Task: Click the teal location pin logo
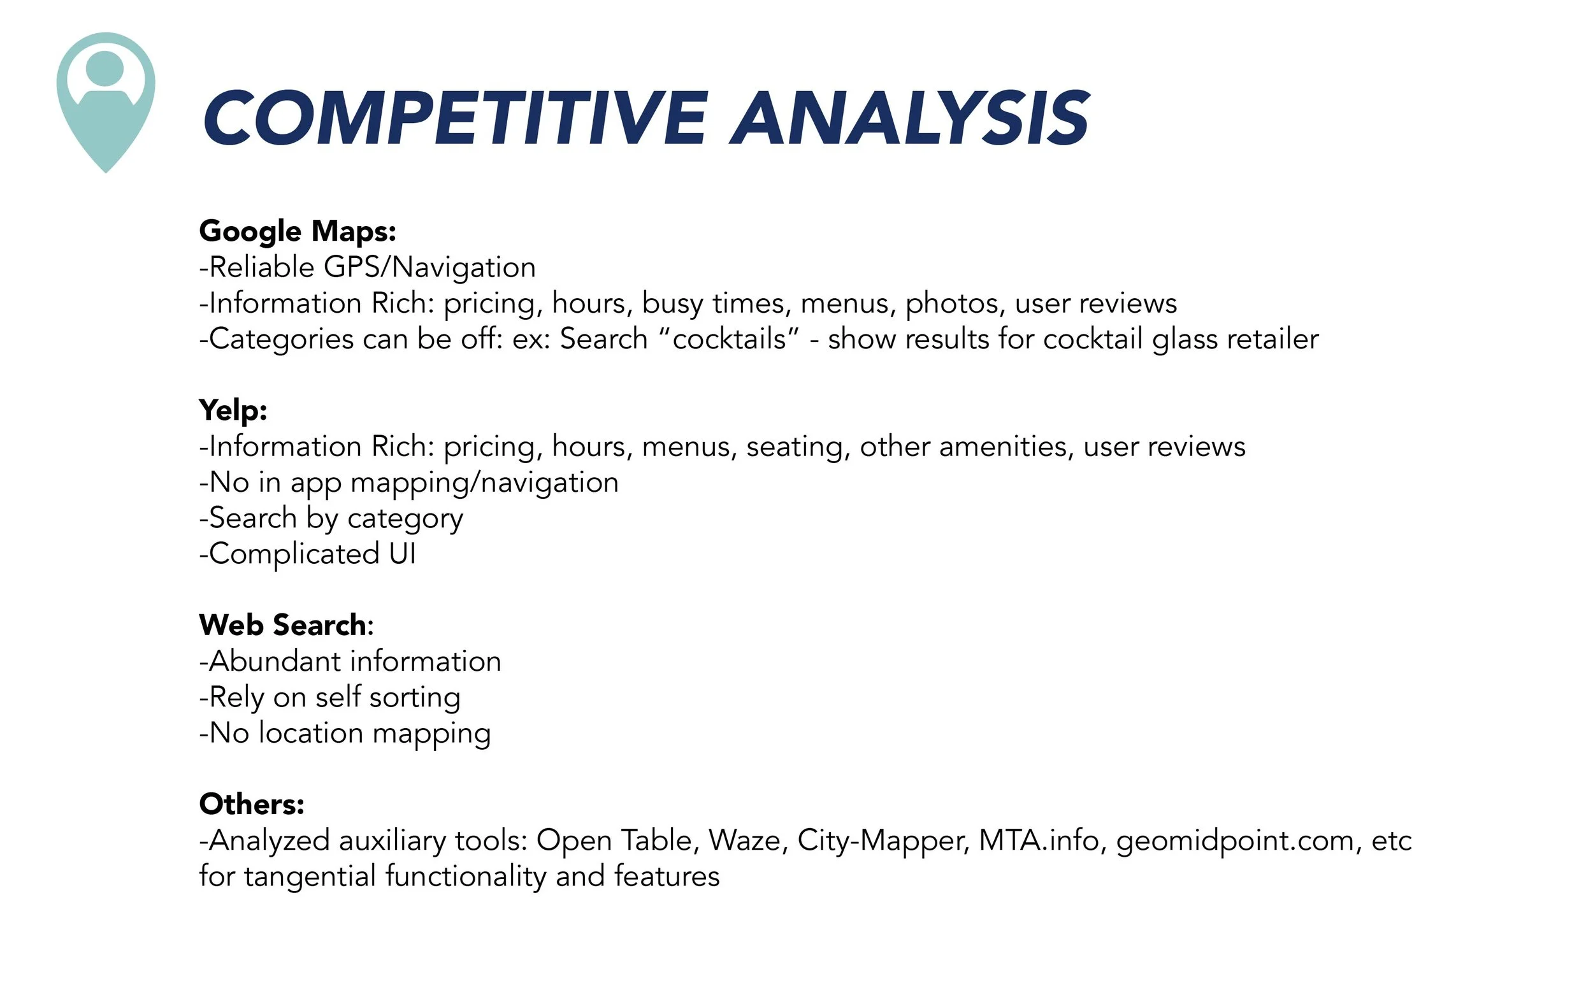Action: pyautogui.click(x=105, y=99)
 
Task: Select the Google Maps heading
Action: pyautogui.click(x=298, y=231)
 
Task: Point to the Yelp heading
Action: pyautogui.click(x=233, y=410)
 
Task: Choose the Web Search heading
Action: pyautogui.click(x=285, y=625)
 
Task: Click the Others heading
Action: pyautogui.click(x=252, y=804)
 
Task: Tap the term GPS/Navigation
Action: pyautogui.click(x=430, y=267)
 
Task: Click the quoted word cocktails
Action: pyautogui.click(x=729, y=339)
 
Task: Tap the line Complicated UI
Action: pyautogui.click(x=308, y=554)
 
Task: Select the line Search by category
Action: pyautogui.click(x=332, y=519)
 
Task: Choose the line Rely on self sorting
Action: pyautogui.click(x=330, y=698)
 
